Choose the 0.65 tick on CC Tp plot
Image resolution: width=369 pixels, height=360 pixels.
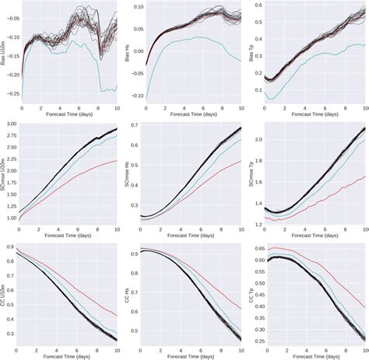point(258,249)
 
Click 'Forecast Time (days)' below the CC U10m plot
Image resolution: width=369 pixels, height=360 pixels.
point(70,355)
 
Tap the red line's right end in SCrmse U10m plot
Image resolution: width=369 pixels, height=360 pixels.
point(118,160)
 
